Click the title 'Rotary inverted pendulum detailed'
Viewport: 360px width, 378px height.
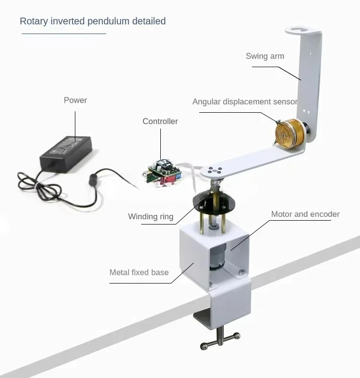point(93,21)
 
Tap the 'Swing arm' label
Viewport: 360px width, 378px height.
point(264,56)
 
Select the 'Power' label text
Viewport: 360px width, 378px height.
point(75,100)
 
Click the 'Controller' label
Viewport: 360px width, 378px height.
point(160,121)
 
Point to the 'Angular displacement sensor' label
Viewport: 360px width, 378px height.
point(245,102)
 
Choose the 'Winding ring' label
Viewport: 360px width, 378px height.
point(150,216)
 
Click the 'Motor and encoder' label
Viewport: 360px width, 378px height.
point(305,214)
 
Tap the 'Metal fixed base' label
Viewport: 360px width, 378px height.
point(139,272)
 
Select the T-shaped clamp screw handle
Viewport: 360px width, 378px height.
point(219,342)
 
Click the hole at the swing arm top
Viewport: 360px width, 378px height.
point(302,31)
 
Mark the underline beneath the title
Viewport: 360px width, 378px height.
point(63,34)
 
